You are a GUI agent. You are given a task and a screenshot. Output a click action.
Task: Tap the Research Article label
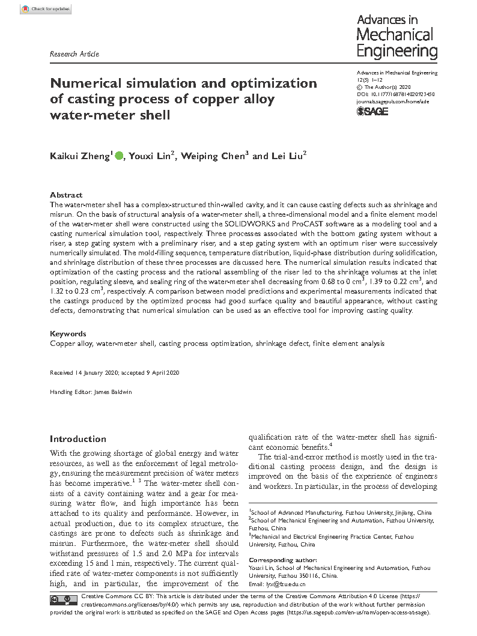click(74, 54)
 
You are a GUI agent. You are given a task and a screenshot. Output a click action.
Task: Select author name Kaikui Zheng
click(79, 156)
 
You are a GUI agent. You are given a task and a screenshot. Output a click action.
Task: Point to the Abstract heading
click(66, 195)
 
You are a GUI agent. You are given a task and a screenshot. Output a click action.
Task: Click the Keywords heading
click(67, 333)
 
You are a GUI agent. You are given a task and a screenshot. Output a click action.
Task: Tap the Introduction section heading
click(77, 438)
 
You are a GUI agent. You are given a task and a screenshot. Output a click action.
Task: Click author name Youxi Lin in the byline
click(150, 156)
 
